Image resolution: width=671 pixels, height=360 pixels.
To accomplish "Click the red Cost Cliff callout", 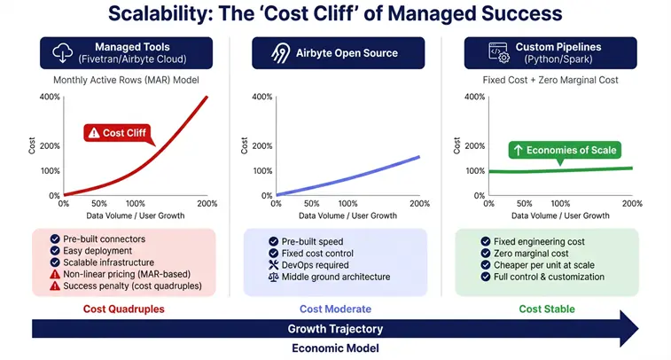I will [x=119, y=133].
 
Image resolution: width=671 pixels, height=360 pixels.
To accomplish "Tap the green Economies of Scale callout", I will [x=563, y=150].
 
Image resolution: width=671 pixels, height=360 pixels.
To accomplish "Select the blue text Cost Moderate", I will [x=335, y=309].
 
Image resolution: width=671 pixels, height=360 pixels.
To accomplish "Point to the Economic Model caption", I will [x=335, y=348].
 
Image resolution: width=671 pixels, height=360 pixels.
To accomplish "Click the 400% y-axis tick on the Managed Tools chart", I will [x=50, y=96].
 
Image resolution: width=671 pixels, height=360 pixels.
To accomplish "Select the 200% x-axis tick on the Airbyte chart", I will [x=419, y=203].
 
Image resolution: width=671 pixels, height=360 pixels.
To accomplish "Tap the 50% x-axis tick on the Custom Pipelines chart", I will [x=525, y=203].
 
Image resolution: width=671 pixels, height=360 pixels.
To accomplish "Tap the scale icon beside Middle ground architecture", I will [x=273, y=278].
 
